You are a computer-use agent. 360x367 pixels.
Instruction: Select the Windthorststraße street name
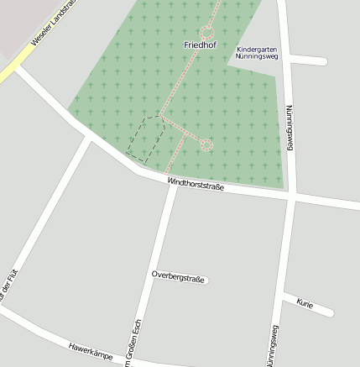click(196, 183)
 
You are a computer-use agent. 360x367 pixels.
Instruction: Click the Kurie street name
click(305, 304)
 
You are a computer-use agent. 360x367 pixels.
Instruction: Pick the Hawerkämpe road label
click(91, 352)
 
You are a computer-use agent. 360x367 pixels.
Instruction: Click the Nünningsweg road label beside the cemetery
click(290, 128)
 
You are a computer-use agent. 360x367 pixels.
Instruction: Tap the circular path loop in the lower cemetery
click(206, 145)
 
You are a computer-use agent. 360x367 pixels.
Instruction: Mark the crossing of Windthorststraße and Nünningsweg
click(290, 197)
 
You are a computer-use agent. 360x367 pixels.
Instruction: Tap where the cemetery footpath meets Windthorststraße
click(169, 173)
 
